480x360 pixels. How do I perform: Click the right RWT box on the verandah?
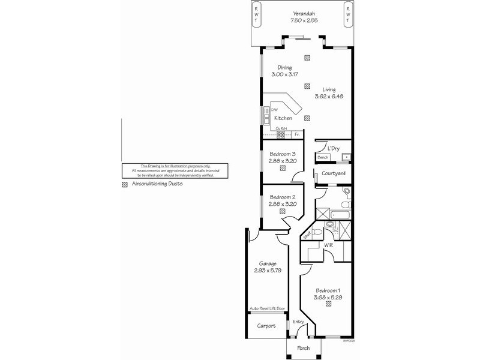pos(347,14)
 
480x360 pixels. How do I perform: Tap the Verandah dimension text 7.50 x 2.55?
pos(305,20)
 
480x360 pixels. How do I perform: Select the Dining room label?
pos(284,68)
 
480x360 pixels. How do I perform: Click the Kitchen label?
pos(283,118)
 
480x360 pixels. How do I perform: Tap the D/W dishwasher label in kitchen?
pos(274,110)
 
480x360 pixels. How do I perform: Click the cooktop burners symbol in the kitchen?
pos(280,135)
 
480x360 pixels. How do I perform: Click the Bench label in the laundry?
pos(324,157)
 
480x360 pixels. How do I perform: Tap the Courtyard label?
pos(332,173)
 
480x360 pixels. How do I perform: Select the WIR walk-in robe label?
pos(329,245)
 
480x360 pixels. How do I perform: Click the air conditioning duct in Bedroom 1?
pos(329,304)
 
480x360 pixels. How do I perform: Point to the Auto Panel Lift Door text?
pos(267,309)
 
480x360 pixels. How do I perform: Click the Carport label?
pos(266,326)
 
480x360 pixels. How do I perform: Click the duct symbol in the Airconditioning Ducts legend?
pos(125,184)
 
